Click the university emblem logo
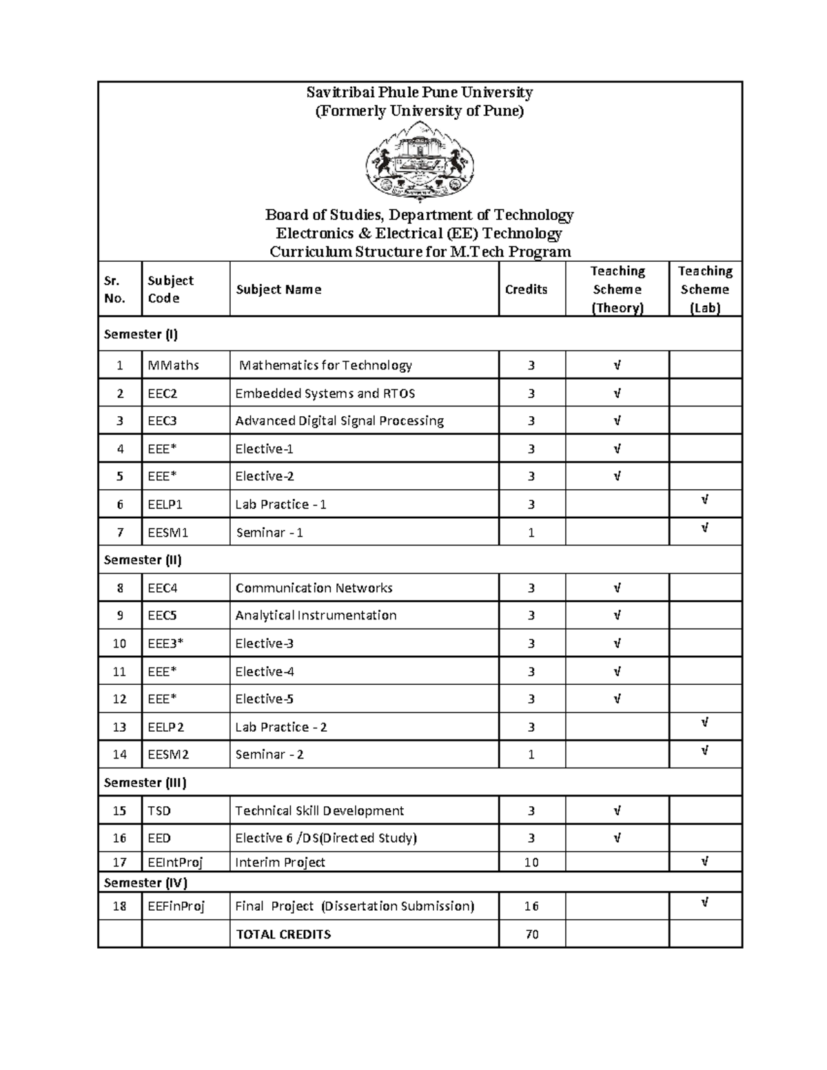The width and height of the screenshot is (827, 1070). [x=419, y=161]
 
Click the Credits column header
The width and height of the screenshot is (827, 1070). [x=526, y=289]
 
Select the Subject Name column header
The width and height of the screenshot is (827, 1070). [x=278, y=289]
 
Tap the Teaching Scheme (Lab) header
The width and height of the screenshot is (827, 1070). [x=704, y=289]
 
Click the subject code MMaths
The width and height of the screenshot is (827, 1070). [x=173, y=365]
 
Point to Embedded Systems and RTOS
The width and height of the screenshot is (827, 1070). [x=325, y=393]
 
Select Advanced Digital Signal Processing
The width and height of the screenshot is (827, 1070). [x=339, y=421]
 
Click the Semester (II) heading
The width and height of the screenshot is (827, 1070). [x=143, y=560]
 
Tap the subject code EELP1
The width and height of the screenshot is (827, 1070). [x=165, y=504]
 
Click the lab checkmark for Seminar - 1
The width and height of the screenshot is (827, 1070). [x=704, y=528]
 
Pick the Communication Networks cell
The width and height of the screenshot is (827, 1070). [x=314, y=588]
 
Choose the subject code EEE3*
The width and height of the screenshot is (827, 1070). [x=165, y=644]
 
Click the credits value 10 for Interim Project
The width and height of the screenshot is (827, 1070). [x=531, y=862]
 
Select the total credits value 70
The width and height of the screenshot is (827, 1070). [x=531, y=934]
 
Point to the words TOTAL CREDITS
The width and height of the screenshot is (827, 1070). [x=283, y=934]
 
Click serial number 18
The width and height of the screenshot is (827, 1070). [x=120, y=906]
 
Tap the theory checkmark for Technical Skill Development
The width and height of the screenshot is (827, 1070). [x=617, y=811]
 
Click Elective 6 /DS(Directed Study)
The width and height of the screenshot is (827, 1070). [x=326, y=838]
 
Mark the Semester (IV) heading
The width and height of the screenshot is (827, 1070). [x=145, y=883]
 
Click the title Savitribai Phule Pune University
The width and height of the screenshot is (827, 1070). [x=419, y=92]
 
